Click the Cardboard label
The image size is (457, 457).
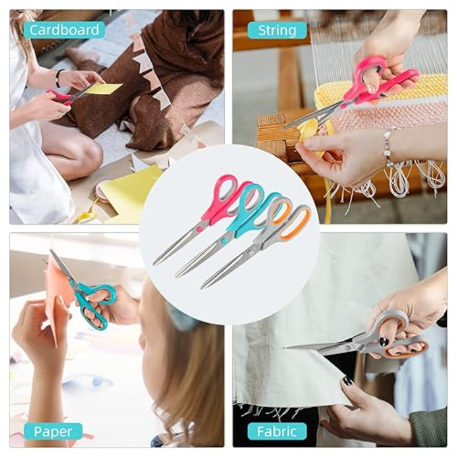64,30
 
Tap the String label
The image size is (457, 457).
277,30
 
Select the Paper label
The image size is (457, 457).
53,432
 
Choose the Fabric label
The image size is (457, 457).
277,432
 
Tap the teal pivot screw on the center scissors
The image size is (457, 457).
224,241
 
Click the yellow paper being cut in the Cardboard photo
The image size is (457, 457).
103,88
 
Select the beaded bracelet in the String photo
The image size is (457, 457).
388,149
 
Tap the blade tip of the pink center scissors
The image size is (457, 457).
154,265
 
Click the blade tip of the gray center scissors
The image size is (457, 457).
202,288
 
